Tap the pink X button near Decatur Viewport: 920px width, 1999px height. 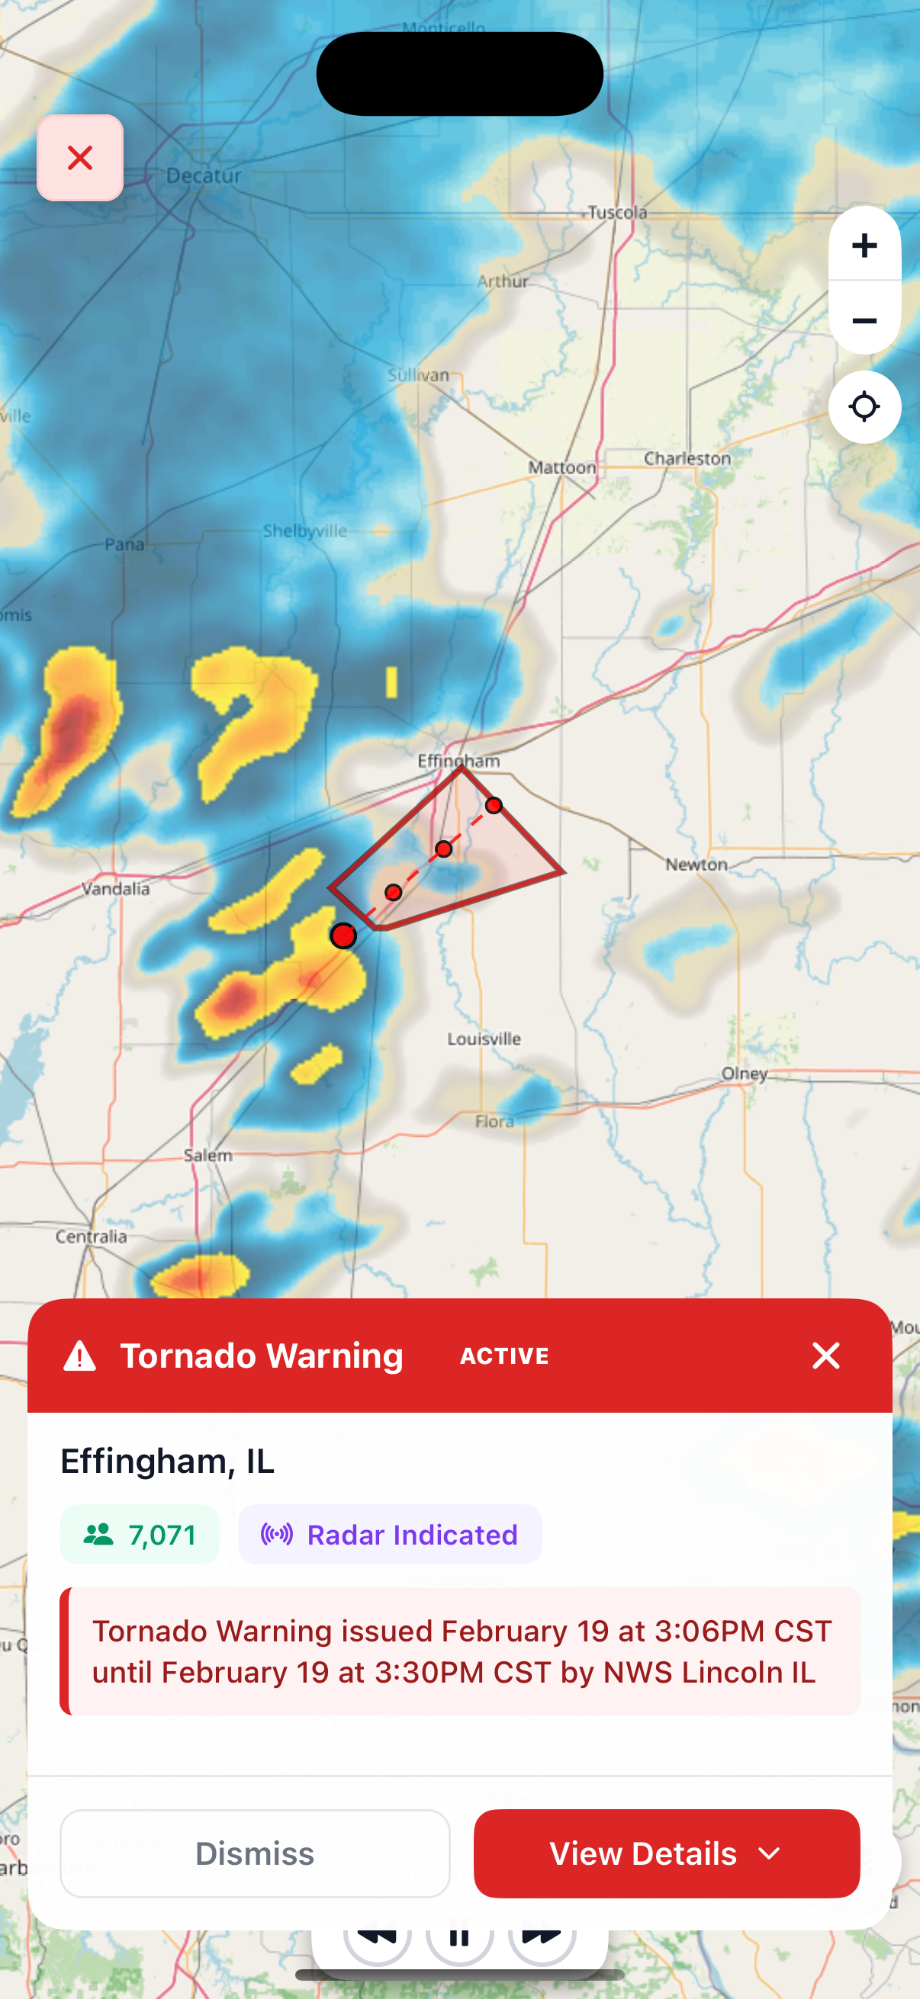coord(80,159)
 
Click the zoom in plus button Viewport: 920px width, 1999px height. coord(864,245)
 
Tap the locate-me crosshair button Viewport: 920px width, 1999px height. coord(864,406)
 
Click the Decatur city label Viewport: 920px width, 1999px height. coord(204,176)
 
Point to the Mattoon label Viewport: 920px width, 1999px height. coord(562,467)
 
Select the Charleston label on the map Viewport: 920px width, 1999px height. coord(687,459)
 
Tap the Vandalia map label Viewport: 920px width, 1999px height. coord(116,888)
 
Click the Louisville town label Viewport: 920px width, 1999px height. coord(484,1038)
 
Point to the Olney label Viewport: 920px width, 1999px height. coord(745,1073)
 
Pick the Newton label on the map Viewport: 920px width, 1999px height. coord(696,864)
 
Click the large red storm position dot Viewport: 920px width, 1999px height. coord(343,936)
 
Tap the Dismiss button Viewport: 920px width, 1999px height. coord(255,1853)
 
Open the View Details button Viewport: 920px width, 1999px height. coord(666,1853)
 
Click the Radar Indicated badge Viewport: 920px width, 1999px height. coord(390,1534)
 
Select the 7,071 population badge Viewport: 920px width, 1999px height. coord(140,1534)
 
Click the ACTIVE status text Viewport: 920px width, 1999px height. coord(505,1356)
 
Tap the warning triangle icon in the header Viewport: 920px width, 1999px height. coord(80,1356)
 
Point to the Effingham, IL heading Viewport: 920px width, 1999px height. coord(168,1462)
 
